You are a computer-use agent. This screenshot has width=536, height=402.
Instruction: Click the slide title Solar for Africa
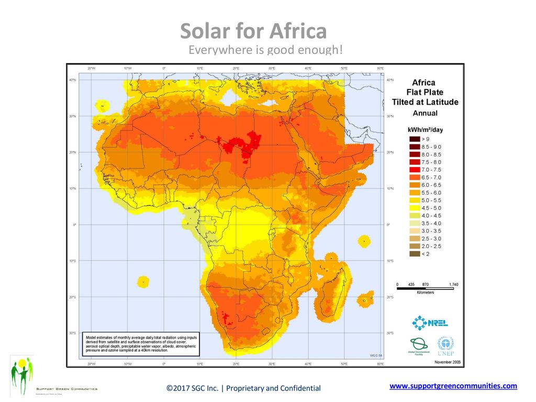pos(253,32)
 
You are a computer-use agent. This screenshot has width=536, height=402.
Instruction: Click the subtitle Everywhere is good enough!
pos(265,50)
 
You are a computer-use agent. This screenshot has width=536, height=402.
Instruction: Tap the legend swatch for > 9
pos(414,139)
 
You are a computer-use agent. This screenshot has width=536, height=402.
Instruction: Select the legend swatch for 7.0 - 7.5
pos(414,170)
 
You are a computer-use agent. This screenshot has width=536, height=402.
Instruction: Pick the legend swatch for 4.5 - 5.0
pos(414,208)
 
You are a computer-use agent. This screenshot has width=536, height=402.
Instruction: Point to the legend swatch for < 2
pos(414,254)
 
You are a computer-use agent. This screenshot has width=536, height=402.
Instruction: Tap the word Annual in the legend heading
pos(425,113)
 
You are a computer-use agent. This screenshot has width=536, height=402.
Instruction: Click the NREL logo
pos(430,323)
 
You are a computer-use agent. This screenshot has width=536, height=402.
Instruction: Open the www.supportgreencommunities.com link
pos(453,386)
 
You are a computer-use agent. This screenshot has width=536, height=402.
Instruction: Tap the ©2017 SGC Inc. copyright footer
pos(243,388)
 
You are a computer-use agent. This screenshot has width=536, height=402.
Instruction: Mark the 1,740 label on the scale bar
pos(453,284)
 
